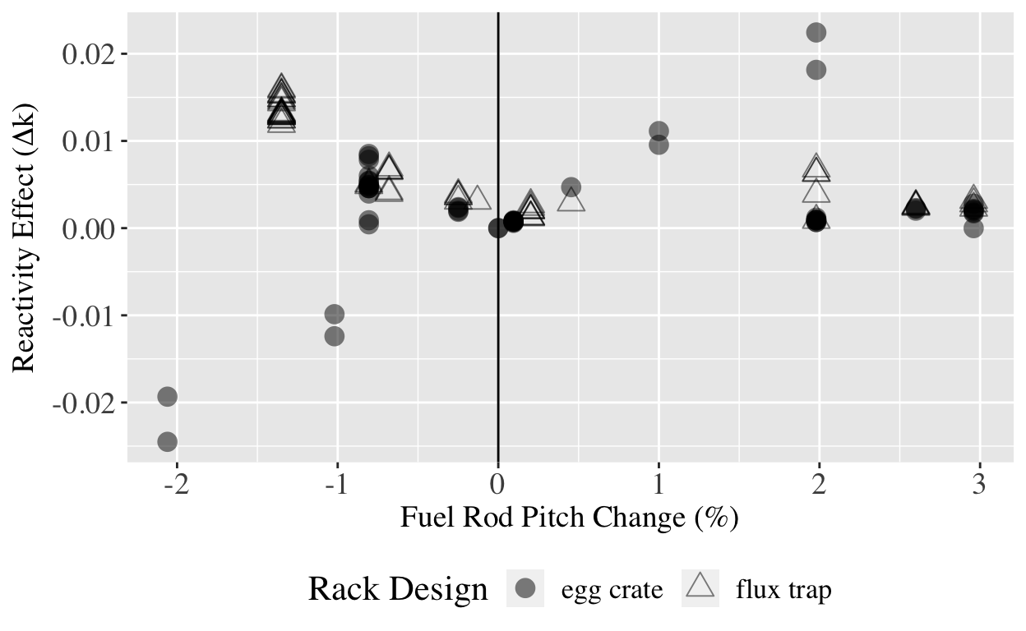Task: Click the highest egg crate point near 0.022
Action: pyautogui.click(x=816, y=32)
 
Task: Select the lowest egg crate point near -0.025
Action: pyautogui.click(x=168, y=442)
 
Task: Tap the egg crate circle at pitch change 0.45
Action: pyautogui.click(x=571, y=187)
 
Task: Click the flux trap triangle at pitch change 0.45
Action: pyautogui.click(x=571, y=200)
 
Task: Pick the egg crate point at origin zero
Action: pyautogui.click(x=498, y=228)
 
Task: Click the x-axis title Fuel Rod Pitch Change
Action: pyautogui.click(x=569, y=518)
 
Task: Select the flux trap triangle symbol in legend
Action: pyautogui.click(x=700, y=587)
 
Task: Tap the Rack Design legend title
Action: pyautogui.click(x=398, y=589)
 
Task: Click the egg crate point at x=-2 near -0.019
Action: pyautogui.click(x=168, y=397)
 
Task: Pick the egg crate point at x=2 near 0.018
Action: pyautogui.click(x=816, y=70)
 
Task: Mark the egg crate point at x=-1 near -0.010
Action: pyautogui.click(x=335, y=315)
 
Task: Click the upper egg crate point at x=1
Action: pyautogui.click(x=659, y=131)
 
